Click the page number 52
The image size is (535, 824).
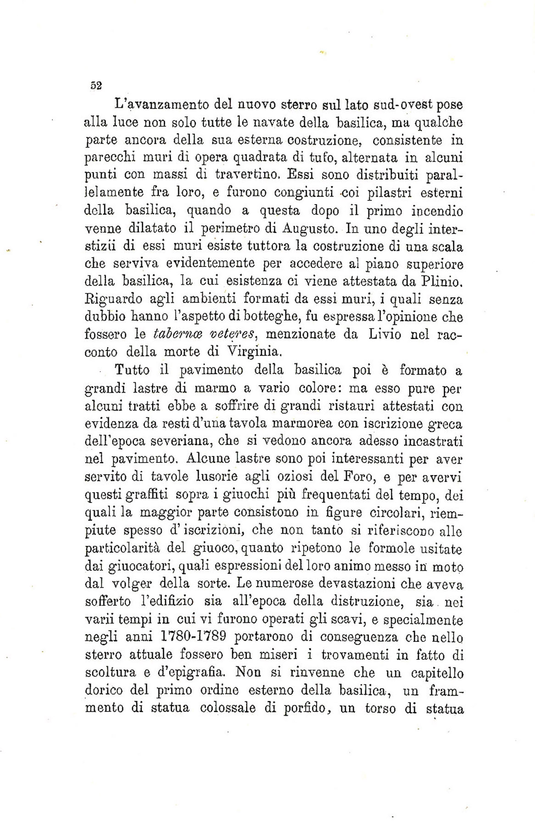[96, 86]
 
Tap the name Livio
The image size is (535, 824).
[385, 334]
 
